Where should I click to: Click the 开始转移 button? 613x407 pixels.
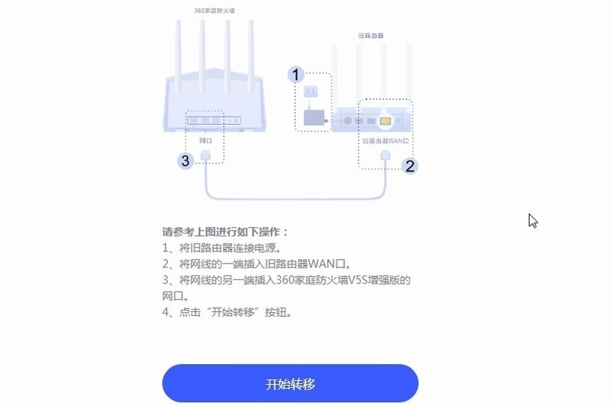pyautogui.click(x=290, y=383)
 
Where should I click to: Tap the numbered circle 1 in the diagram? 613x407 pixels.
pyautogui.click(x=296, y=74)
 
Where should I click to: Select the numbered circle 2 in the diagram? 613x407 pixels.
pyautogui.click(x=410, y=165)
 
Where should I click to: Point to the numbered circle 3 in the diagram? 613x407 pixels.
pyautogui.click(x=185, y=161)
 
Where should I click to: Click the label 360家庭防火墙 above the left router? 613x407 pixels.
pyautogui.click(x=214, y=11)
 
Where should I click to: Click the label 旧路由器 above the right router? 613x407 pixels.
pyautogui.click(x=371, y=35)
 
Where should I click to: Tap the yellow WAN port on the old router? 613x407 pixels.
pyautogui.click(x=385, y=121)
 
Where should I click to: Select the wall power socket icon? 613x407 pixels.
pyautogui.click(x=310, y=93)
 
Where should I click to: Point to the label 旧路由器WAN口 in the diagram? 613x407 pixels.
pyautogui.click(x=385, y=142)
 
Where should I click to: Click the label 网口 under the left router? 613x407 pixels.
pyautogui.click(x=205, y=141)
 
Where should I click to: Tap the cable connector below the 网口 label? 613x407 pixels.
pyautogui.click(x=205, y=156)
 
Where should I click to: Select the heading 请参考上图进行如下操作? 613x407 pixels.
pyautogui.click(x=225, y=231)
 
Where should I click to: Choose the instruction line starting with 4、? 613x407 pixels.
pyautogui.click(x=228, y=312)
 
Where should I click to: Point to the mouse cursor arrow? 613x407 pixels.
pyautogui.click(x=533, y=221)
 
